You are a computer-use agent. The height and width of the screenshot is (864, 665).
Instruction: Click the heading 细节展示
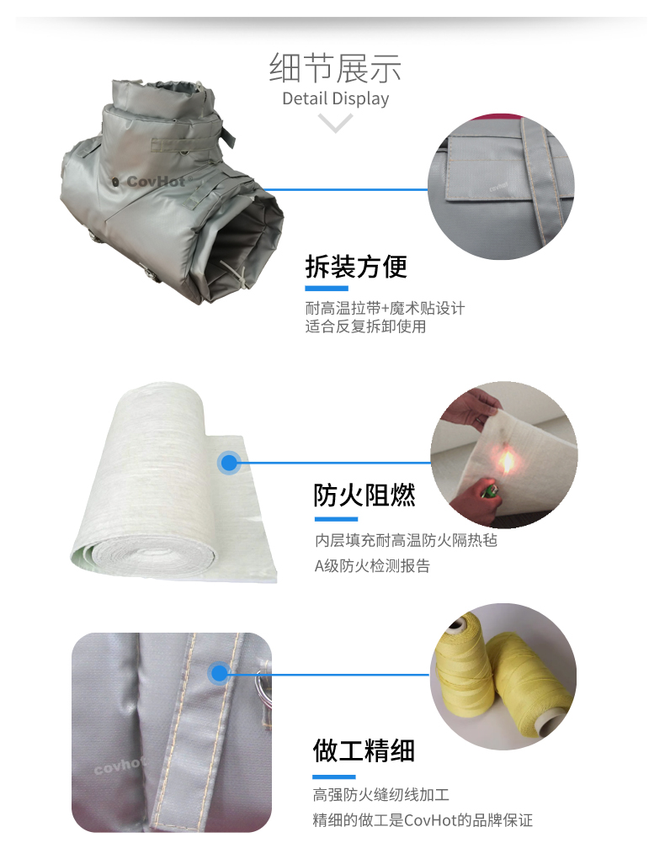(335, 68)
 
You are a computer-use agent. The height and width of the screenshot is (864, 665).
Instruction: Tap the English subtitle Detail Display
(335, 98)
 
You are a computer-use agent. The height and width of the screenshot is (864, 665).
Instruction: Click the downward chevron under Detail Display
(335, 122)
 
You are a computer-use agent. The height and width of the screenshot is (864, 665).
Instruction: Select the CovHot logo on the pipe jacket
(151, 181)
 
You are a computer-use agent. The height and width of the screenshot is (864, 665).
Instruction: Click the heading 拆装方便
(356, 267)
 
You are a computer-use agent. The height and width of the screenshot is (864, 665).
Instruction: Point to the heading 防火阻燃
(364, 495)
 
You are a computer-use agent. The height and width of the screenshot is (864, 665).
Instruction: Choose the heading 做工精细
(364, 750)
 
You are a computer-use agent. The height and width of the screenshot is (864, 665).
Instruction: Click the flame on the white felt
(506, 461)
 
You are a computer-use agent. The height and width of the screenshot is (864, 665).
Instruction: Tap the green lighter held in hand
(489, 490)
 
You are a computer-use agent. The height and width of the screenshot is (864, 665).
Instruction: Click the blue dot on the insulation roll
(229, 463)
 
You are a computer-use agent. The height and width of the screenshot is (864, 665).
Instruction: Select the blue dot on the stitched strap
(220, 673)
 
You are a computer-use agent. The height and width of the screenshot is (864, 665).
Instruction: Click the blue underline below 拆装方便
(327, 289)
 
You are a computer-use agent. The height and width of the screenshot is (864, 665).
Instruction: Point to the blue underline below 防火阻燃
(336, 519)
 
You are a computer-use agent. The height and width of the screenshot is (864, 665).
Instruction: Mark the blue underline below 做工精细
(333, 777)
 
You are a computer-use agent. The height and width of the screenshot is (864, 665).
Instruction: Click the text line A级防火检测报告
(372, 566)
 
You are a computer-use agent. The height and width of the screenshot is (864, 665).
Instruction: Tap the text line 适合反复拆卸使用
(365, 326)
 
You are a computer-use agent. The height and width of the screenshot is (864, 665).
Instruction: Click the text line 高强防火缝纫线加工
(381, 794)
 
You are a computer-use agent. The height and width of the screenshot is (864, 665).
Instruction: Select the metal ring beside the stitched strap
(263, 685)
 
